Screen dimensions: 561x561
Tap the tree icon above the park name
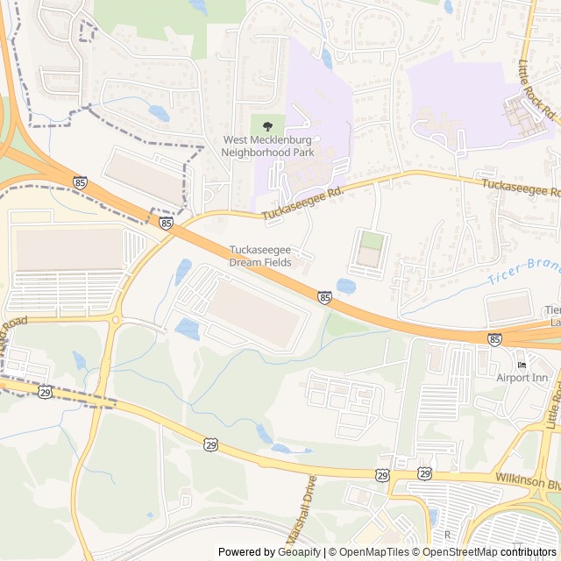(267, 126)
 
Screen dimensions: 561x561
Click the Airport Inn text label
(522, 378)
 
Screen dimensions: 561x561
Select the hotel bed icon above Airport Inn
(522, 365)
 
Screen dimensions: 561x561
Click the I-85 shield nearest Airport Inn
(494, 339)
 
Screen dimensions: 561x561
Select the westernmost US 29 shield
(45, 393)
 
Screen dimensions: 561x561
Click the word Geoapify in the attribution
(299, 552)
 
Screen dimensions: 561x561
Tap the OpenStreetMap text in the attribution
(455, 552)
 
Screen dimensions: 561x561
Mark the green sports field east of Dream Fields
(372, 239)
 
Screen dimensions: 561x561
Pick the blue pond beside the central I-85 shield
(345, 286)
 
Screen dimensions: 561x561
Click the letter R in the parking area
(447, 534)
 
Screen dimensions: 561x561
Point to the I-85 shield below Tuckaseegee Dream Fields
(324, 298)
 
